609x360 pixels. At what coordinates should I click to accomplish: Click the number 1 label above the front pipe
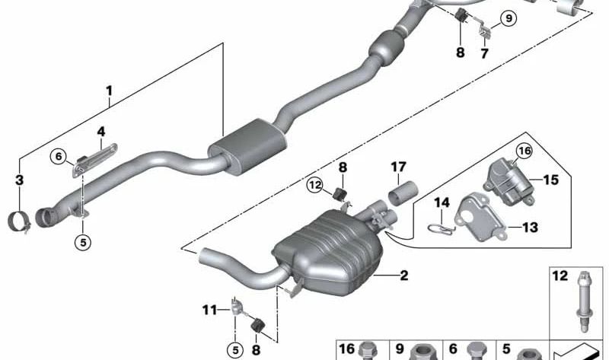(109, 91)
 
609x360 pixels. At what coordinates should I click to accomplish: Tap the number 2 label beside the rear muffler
(404, 276)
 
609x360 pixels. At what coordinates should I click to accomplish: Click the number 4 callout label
(101, 132)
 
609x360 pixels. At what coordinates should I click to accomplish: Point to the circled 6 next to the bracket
(59, 157)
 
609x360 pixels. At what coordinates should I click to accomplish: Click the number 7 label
(484, 53)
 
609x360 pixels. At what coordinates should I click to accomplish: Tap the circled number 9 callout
(509, 18)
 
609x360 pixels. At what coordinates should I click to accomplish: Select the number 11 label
(210, 310)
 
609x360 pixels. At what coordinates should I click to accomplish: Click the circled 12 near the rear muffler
(314, 185)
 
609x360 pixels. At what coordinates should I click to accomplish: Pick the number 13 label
(530, 227)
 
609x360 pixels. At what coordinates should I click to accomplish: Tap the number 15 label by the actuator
(550, 180)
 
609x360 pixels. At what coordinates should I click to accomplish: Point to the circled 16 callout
(525, 151)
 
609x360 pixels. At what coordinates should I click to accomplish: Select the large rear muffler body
(328, 253)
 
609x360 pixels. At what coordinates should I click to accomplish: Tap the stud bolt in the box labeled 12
(583, 302)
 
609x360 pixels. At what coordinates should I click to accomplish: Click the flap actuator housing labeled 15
(509, 181)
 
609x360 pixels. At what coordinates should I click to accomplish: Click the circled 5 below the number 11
(235, 350)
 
